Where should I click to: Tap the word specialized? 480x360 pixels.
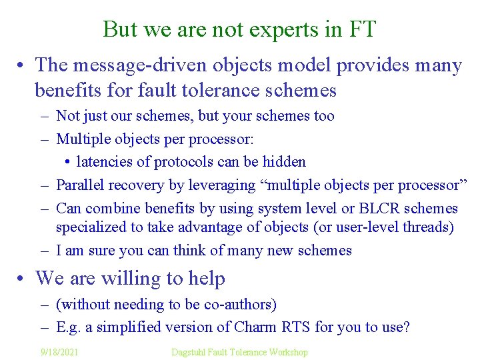[90, 227]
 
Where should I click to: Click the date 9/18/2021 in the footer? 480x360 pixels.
[59, 351]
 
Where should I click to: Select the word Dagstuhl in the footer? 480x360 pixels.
[190, 351]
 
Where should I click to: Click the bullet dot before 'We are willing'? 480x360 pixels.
[23, 279]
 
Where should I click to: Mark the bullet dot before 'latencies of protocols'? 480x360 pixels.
[69, 162]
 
